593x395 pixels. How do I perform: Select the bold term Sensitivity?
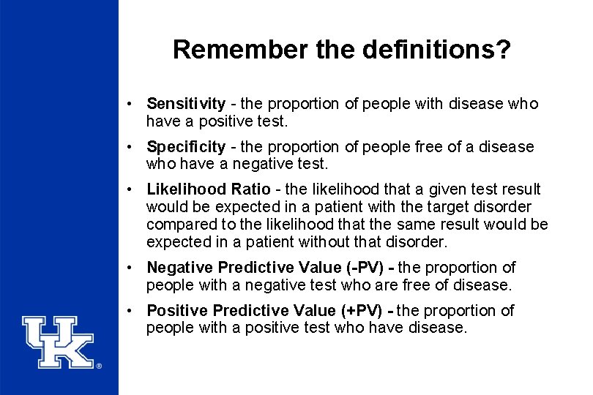186,104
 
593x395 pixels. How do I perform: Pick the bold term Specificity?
186,147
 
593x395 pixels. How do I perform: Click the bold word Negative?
179,268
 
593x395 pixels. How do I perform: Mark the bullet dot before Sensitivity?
128,104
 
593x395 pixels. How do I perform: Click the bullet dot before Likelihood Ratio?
128,190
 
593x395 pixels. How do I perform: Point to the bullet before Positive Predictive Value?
128,311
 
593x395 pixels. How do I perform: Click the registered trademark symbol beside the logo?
99,366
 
